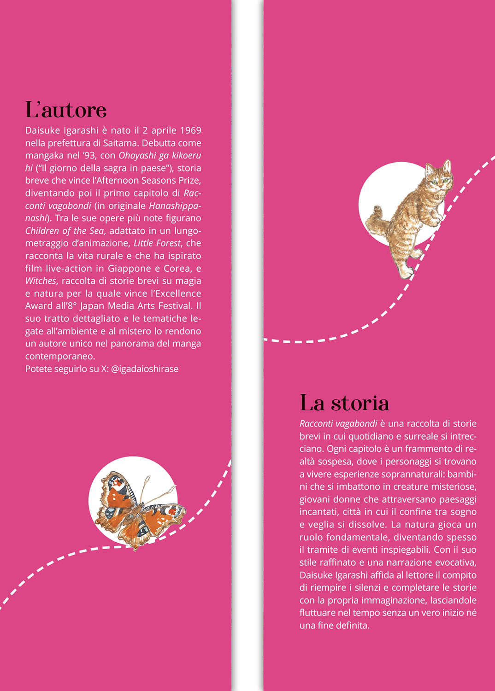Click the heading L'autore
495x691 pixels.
pos(66,110)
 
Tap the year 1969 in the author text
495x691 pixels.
pos(190,130)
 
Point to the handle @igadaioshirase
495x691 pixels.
pos(145,369)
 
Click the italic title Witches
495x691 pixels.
pos(41,281)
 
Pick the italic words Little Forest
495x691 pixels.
pos(157,243)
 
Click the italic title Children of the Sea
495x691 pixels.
pos(65,230)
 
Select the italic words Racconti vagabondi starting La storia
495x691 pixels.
pos(338,423)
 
